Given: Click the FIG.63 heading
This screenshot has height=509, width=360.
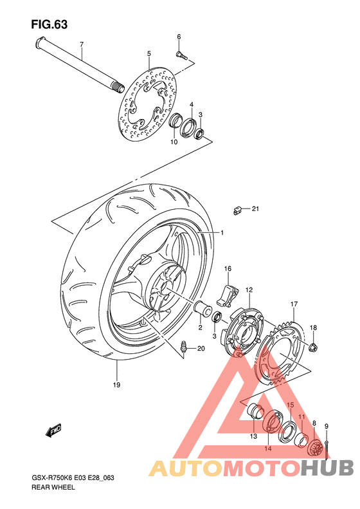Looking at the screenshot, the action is (x=50, y=24).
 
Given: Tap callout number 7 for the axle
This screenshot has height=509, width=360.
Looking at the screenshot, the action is (x=82, y=44).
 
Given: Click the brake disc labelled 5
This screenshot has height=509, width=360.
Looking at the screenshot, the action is (x=148, y=104).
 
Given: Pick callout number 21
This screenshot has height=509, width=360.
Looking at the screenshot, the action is (x=256, y=208).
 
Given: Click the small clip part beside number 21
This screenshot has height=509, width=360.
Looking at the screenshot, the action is (x=237, y=210).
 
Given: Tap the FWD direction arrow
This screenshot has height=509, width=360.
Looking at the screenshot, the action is (x=53, y=430).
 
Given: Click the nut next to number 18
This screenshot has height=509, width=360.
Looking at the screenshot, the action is (x=313, y=347).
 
